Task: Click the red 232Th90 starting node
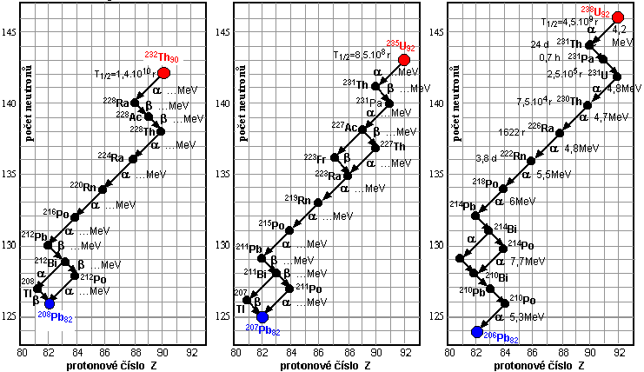coord(163,73)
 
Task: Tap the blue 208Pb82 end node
coord(50,303)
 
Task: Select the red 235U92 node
coord(404,60)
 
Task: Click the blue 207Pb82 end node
coord(262,316)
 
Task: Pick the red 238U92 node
coord(618,17)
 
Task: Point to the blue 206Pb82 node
coord(475,331)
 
